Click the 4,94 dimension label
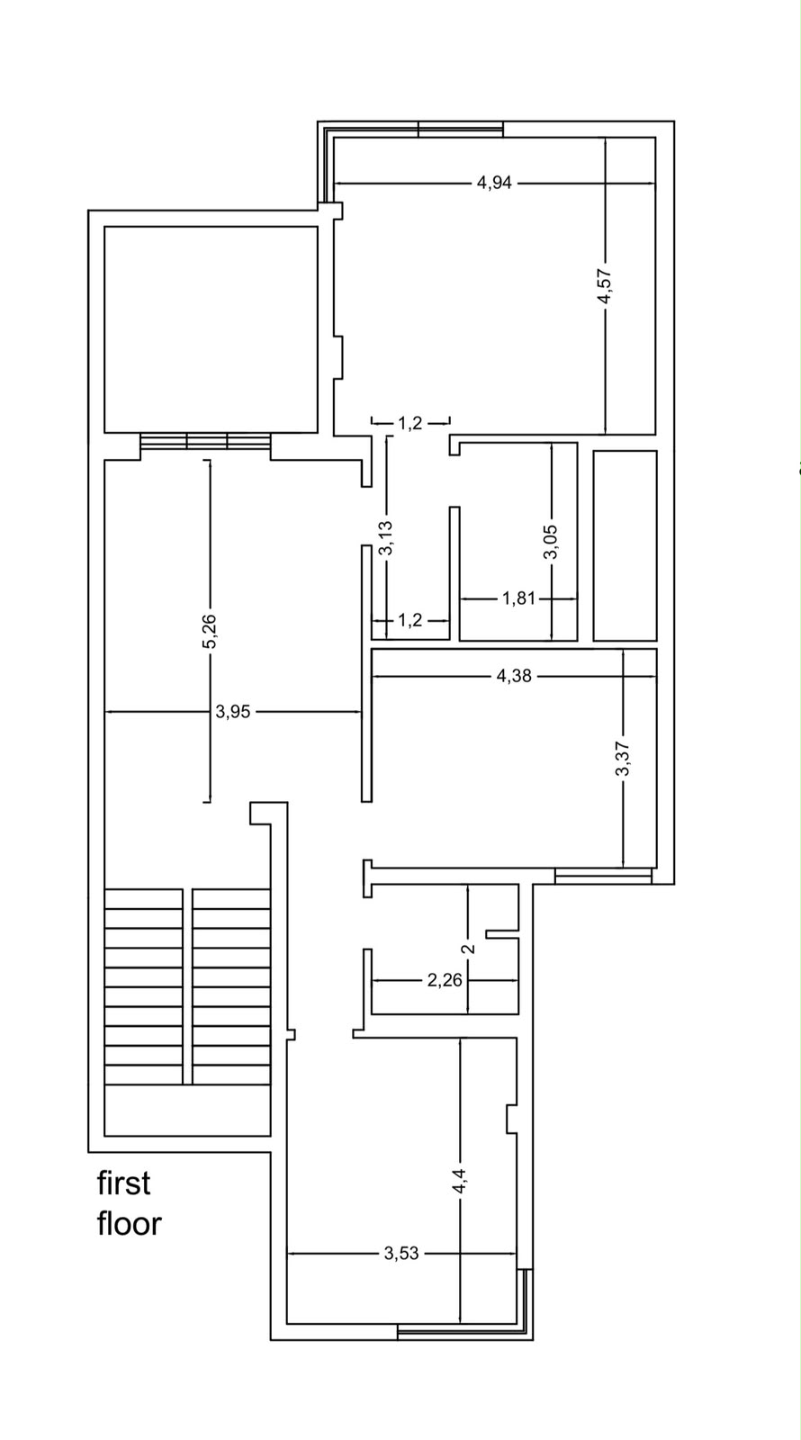pyautogui.click(x=494, y=184)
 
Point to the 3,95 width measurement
pyautogui.click(x=233, y=712)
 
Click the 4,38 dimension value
pyautogui.click(x=514, y=676)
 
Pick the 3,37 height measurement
pyautogui.click(x=623, y=760)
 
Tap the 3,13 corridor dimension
pyautogui.click(x=386, y=537)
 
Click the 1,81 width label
pyautogui.click(x=518, y=598)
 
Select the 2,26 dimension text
pyautogui.click(x=445, y=980)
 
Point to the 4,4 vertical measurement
pyautogui.click(x=460, y=1180)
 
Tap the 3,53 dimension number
pyautogui.click(x=401, y=1253)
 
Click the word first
pyautogui.click(x=123, y=1183)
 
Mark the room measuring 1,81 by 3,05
pyautogui.click(x=518, y=541)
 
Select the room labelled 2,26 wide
pyautogui.click(x=445, y=949)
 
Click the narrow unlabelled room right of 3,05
pyautogui.click(x=625, y=545)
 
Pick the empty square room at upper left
pyautogui.click(x=211, y=329)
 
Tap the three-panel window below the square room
pyautogui.click(x=205, y=442)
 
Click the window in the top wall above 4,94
pyautogui.click(x=460, y=129)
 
